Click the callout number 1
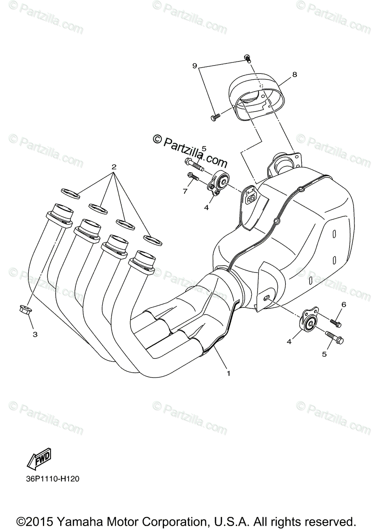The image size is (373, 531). pyautogui.click(x=229, y=373)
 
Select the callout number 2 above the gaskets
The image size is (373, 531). pyautogui.click(x=114, y=167)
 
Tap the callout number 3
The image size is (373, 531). pyautogui.click(x=35, y=334)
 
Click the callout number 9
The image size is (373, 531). pyautogui.click(x=194, y=66)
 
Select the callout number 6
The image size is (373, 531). pyautogui.click(x=343, y=304)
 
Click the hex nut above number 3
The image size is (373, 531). pyautogui.click(x=25, y=308)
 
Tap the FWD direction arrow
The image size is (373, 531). pyautogui.click(x=39, y=460)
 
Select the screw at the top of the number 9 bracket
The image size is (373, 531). pyautogui.click(x=247, y=58)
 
